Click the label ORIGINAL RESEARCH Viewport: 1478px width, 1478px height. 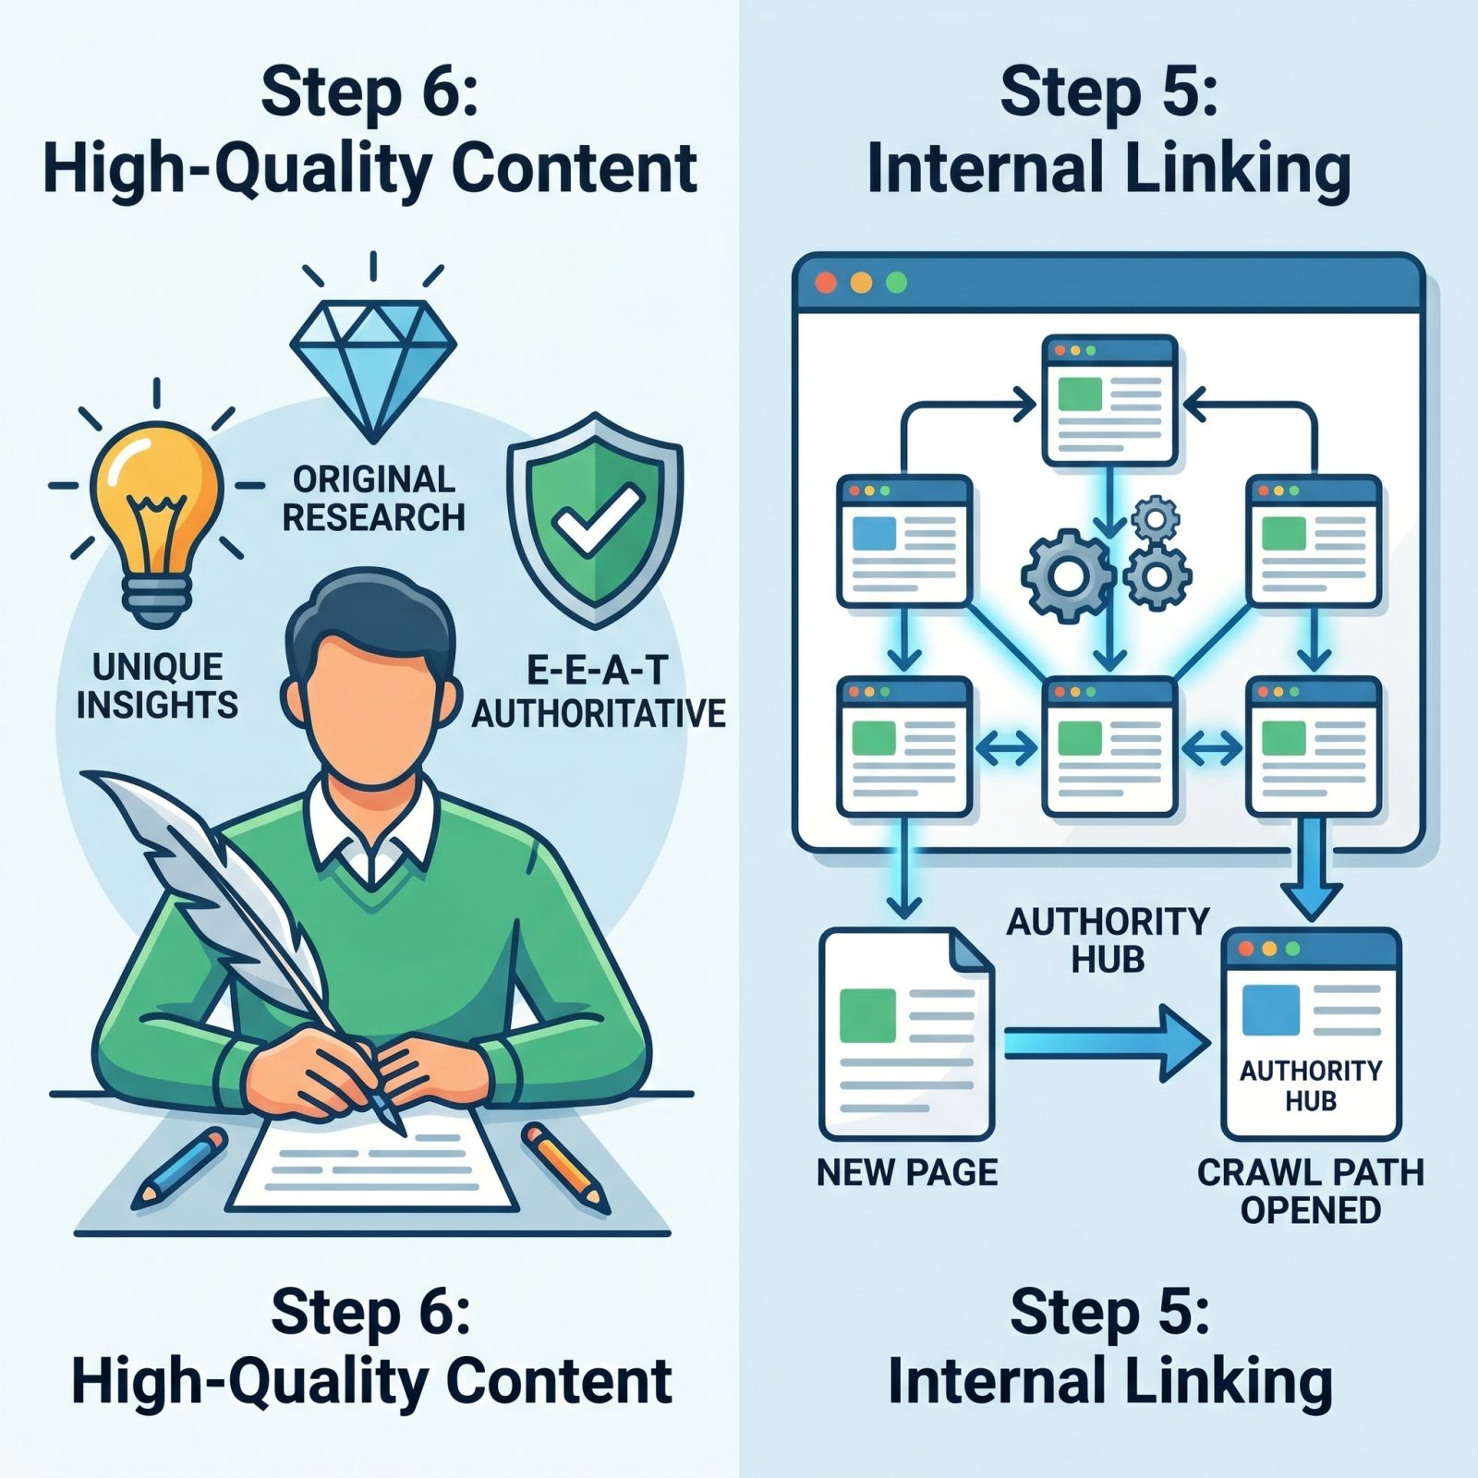pos(373,499)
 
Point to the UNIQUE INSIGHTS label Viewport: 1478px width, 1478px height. pos(157,686)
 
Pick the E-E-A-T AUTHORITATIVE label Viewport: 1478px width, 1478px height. pos(599,693)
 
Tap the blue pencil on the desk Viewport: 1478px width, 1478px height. pos(179,1168)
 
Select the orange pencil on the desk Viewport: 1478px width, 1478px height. pos(565,1168)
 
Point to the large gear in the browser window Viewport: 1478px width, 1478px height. pos(1069,575)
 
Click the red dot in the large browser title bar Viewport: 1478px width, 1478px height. pos(826,283)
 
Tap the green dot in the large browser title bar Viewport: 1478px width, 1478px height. pos(895,283)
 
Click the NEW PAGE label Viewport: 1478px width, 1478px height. pos(907,1172)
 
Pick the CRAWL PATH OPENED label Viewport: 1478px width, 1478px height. pos(1310,1191)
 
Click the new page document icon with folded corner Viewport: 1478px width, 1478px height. pos(906,1035)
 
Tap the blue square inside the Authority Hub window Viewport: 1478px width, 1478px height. pos(1271,1011)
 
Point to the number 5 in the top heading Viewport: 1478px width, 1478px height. pos(1181,93)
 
